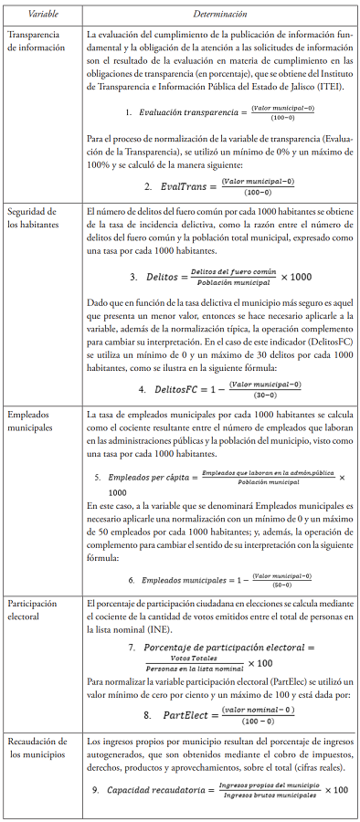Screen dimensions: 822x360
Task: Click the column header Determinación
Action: pos(217,14)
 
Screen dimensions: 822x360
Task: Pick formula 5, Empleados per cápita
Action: pos(219,480)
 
